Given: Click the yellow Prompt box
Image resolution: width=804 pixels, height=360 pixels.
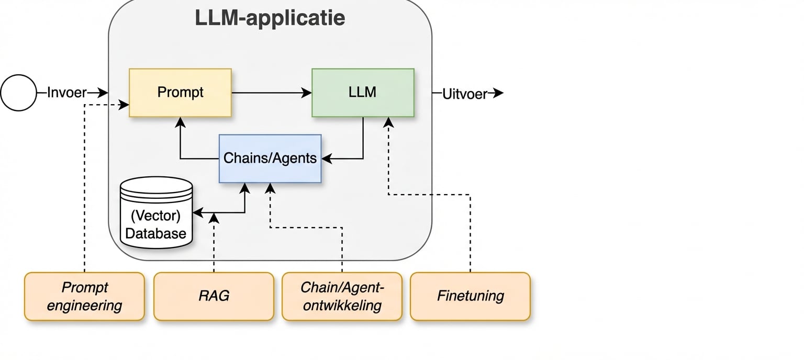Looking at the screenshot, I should (180, 93).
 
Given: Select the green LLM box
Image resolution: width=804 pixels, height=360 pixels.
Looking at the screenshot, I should (363, 93).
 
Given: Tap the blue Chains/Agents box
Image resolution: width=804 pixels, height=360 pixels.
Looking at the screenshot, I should (270, 158).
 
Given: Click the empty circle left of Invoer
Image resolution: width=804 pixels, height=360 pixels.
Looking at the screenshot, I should (18, 93).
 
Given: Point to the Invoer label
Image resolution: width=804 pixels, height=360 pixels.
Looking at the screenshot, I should (66, 93).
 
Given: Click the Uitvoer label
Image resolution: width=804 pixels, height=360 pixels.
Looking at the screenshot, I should (465, 94).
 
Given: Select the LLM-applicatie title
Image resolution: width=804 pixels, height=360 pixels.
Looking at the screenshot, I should (270, 18).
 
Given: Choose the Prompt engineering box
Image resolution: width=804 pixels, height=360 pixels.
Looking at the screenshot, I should (84, 296).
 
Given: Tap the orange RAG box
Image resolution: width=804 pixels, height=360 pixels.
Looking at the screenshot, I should (214, 296).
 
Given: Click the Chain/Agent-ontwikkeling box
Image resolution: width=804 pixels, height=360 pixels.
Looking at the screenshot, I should (342, 296).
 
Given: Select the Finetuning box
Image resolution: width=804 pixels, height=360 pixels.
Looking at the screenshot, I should (470, 296).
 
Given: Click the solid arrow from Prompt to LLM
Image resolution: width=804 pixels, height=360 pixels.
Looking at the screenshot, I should (271, 93).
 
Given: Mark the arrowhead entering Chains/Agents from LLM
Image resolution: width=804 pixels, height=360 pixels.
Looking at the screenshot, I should (326, 158).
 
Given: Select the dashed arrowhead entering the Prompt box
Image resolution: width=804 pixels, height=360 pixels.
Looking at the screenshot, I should (124, 105).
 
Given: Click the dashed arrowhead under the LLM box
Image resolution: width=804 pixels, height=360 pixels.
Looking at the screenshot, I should (388, 122).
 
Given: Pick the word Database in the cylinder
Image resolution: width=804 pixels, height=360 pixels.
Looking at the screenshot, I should (156, 233).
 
